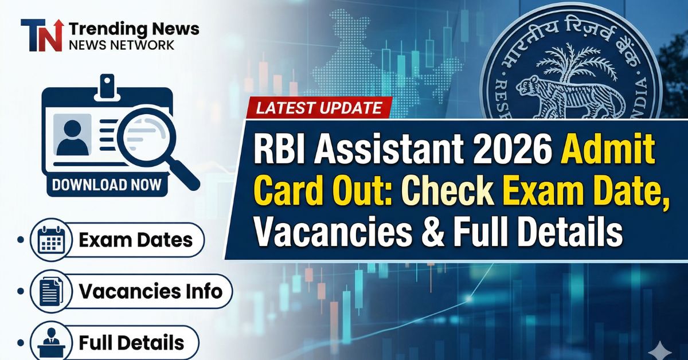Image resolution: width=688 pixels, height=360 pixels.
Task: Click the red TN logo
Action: tap(41, 36)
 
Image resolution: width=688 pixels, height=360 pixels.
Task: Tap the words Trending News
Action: tap(133, 28)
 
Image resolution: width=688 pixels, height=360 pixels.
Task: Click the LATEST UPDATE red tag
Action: tap(319, 107)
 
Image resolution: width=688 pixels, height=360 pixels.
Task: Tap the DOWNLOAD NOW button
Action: tap(107, 185)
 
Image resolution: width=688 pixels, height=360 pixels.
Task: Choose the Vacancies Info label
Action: tap(150, 291)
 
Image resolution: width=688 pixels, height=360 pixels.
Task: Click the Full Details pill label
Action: tap(131, 342)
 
